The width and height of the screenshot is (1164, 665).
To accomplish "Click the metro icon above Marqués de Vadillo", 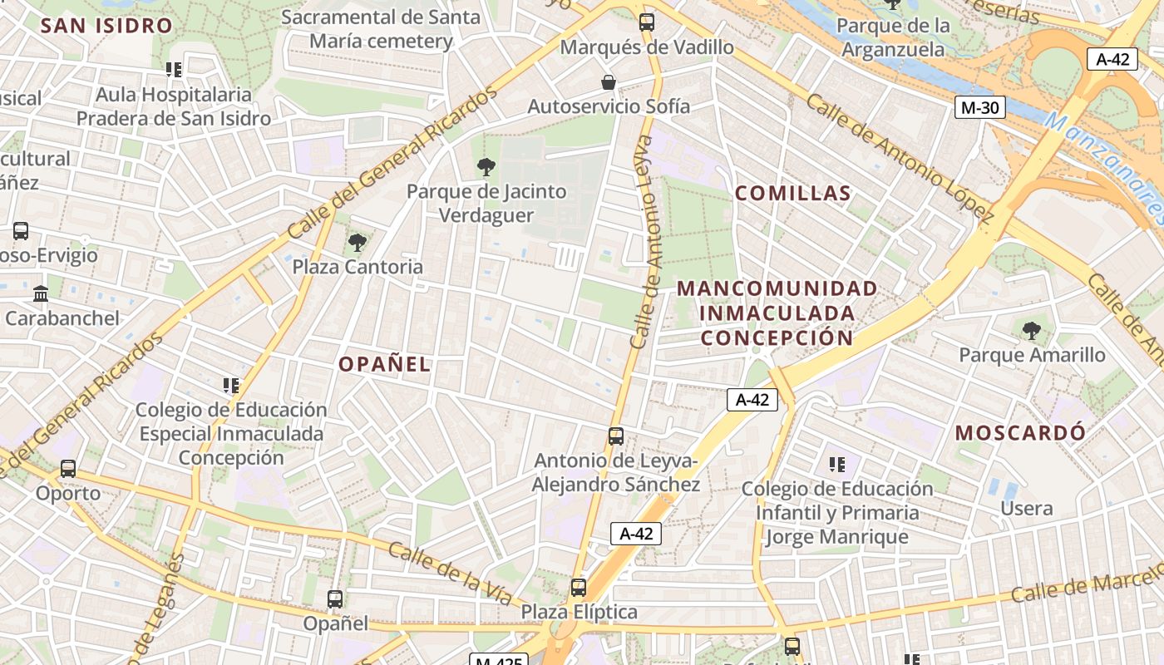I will (646, 22).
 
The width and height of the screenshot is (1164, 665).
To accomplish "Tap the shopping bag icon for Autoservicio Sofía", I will (609, 82).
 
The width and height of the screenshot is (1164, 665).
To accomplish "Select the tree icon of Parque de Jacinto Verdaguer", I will (486, 167).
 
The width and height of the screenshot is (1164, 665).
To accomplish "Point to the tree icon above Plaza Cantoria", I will (358, 243).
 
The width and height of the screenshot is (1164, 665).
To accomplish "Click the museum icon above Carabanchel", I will (41, 293).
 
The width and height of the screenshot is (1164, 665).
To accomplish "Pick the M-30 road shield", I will (980, 106).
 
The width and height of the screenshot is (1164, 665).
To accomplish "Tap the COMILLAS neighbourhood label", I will (792, 194).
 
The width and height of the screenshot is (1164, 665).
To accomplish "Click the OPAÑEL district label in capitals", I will (385, 364).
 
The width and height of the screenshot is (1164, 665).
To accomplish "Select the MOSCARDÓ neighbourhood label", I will (1020, 433).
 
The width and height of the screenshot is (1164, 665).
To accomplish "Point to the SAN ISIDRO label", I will (106, 25).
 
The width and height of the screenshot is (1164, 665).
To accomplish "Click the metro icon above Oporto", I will (68, 469).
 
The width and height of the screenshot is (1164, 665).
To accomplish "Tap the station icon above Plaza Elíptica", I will (579, 588).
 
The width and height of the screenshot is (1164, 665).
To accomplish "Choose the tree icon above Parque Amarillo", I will (1032, 331).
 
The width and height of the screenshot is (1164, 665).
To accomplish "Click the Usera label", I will (1027, 508).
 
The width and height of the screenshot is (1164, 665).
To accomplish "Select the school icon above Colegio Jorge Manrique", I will (837, 464).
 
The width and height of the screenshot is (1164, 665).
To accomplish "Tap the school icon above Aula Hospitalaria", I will (173, 70).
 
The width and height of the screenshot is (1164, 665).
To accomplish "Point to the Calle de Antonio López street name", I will (899, 158).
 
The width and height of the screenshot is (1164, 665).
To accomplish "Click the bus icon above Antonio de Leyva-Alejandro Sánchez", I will (616, 436).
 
